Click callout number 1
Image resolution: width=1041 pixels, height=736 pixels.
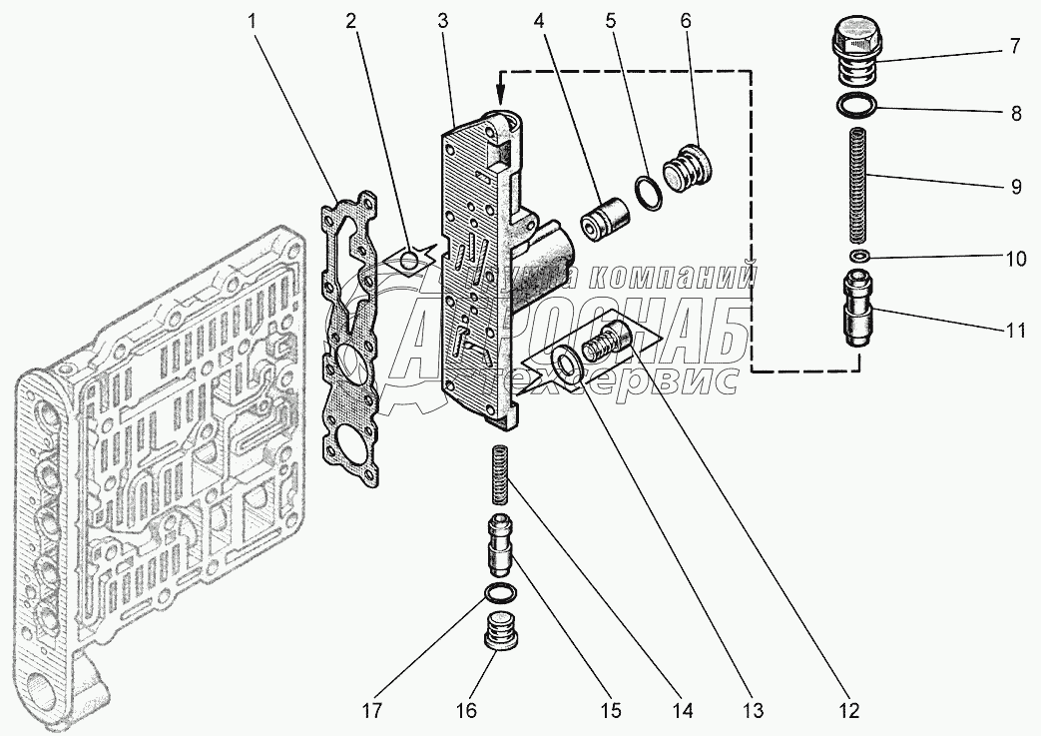(252, 21)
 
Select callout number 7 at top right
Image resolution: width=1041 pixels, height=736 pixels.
(1015, 47)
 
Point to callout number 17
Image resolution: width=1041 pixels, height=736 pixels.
(372, 710)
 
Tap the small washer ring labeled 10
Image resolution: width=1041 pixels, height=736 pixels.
(859, 257)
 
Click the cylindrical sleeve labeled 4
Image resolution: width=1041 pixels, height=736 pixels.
(604, 220)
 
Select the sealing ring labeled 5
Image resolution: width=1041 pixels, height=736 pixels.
(650, 192)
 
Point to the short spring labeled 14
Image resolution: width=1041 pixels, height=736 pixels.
(499, 474)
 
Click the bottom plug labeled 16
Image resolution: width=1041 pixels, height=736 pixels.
(498, 630)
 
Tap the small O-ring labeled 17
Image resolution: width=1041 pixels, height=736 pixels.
(498, 592)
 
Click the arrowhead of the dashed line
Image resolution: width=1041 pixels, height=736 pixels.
(501, 86)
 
